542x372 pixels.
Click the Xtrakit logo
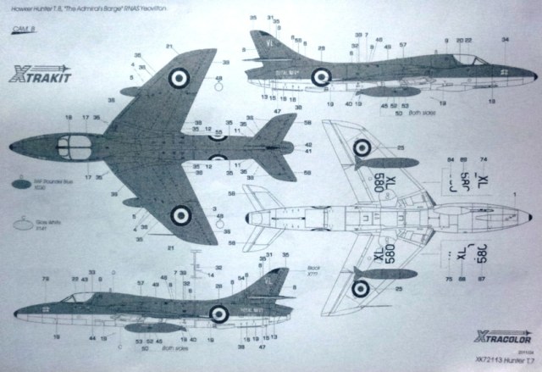pyautogui.click(x=41, y=75)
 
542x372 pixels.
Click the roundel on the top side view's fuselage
pyautogui.click(x=321, y=77)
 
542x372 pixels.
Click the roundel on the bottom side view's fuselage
pyautogui.click(x=218, y=314)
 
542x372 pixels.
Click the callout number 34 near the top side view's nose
pyautogui.click(x=505, y=40)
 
